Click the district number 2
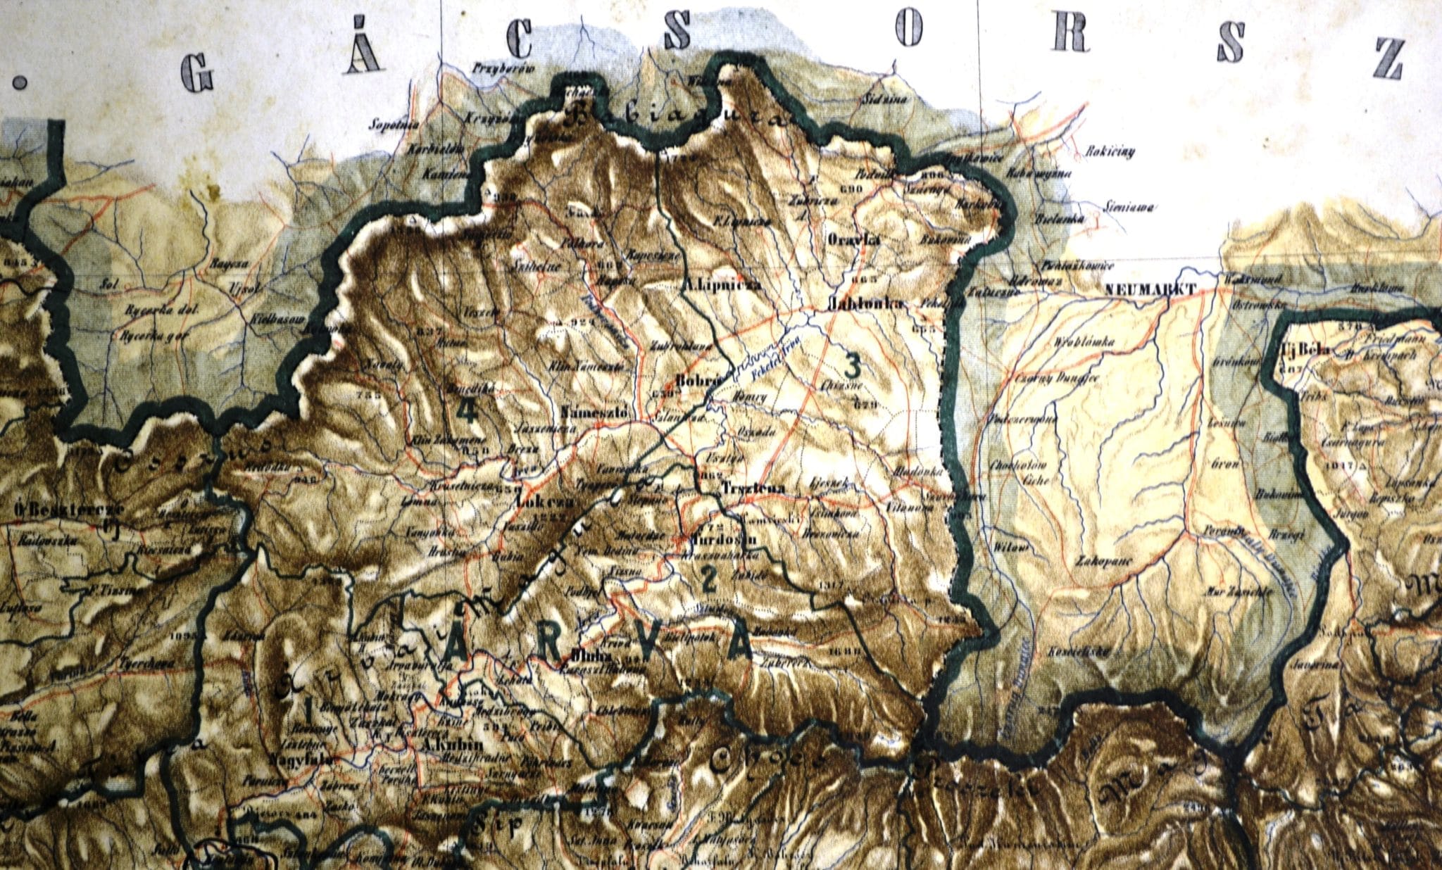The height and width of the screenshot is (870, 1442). (x=708, y=579)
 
